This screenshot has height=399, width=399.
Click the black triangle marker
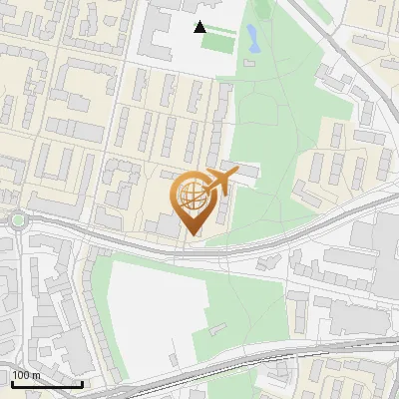[200, 27]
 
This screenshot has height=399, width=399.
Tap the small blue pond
[251, 39]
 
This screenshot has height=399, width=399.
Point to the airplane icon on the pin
[218, 183]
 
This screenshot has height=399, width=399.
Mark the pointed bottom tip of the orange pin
[192, 235]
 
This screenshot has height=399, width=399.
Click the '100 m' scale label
[26, 375]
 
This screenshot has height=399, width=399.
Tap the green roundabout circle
[17, 220]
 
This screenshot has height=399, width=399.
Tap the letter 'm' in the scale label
[36, 375]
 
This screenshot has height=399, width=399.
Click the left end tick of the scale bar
[12, 382]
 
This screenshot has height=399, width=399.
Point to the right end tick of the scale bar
[82, 382]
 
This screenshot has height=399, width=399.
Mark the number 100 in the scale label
[22, 375]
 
